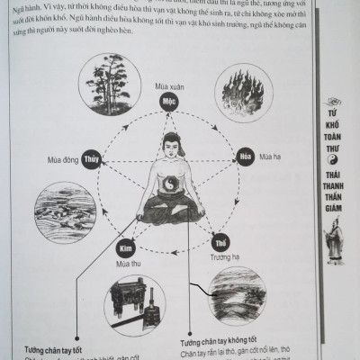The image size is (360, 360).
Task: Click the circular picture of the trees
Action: (107, 87)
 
